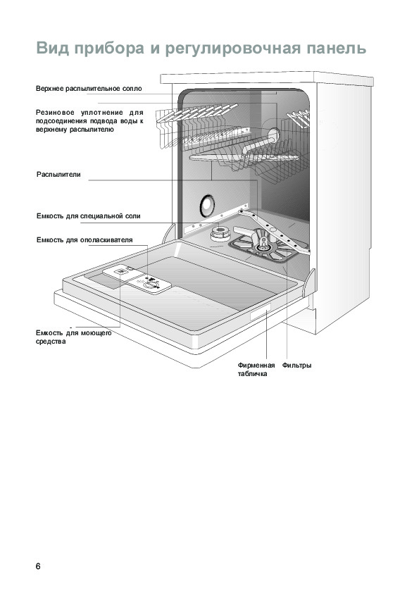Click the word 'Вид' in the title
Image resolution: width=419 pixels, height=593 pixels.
point(53,48)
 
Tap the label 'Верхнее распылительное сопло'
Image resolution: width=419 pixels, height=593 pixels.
point(89,89)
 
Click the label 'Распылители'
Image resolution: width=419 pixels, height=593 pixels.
point(58,175)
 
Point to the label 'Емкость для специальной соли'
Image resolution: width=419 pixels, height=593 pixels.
point(89,216)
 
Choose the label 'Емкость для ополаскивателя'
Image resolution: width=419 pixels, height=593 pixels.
point(85,239)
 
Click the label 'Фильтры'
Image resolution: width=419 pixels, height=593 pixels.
point(297,366)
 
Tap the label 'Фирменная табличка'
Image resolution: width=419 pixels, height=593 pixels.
point(256,370)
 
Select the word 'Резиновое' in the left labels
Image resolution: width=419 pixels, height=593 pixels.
point(55,112)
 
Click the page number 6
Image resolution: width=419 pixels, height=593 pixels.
point(38,566)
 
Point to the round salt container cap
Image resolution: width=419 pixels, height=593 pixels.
point(220,233)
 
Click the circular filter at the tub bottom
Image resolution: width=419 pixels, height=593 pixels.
point(263,248)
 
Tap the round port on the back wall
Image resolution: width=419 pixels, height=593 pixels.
point(207,206)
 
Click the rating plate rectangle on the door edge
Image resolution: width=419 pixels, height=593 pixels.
point(260,312)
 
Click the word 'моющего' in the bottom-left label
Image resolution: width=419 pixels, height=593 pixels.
point(96,333)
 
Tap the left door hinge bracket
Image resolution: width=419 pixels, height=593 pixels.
point(169,233)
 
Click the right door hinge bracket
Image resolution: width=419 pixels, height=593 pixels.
point(309,282)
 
